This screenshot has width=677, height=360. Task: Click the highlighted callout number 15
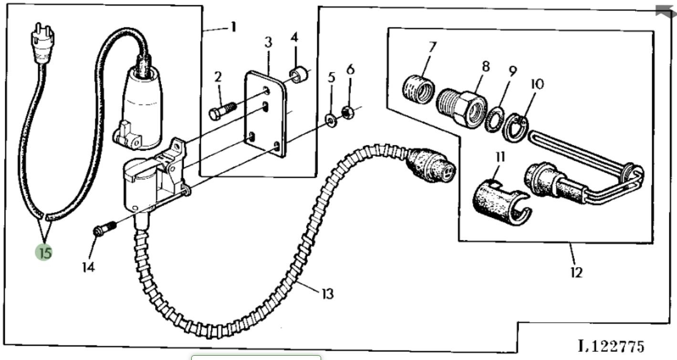pyautogui.click(x=44, y=252)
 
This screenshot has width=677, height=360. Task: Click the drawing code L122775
pyautogui.click(x=611, y=345)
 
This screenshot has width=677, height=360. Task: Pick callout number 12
pyautogui.click(x=576, y=272)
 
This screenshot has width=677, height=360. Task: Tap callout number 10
pyautogui.click(x=537, y=84)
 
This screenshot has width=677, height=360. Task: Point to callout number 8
pyautogui.click(x=486, y=67)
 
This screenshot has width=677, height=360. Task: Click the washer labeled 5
pyautogui.click(x=329, y=119)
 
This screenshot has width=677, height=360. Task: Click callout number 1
pyautogui.click(x=233, y=27)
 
